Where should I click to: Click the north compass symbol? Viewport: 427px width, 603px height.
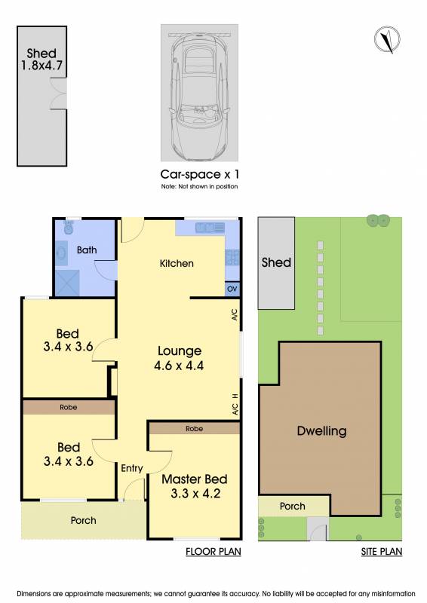[x=387, y=39]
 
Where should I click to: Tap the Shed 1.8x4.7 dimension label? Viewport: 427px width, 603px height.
[x=41, y=60]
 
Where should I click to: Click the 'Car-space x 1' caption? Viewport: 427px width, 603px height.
[x=200, y=174]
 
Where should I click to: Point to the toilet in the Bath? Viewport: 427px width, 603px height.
[x=69, y=227]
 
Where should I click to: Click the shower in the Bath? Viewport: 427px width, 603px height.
[x=67, y=283]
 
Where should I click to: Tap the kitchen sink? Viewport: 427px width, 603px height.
[x=210, y=228]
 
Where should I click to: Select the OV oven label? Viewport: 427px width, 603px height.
[x=232, y=289]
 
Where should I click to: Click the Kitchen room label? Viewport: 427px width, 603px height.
[x=177, y=263]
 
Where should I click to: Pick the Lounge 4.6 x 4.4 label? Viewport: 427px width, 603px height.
[x=179, y=358]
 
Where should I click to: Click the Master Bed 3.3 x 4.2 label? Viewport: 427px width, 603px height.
[x=195, y=486]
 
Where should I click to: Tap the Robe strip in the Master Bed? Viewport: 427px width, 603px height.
[x=195, y=428]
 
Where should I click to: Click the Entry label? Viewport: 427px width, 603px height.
[x=132, y=468]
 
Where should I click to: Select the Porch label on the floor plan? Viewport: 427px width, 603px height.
[x=84, y=520]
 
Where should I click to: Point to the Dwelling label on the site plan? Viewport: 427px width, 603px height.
[x=322, y=430]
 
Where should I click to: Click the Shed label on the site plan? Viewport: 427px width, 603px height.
[x=276, y=262]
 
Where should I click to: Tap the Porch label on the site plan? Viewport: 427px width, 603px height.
[x=293, y=506]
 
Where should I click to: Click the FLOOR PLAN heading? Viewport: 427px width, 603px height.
[x=213, y=552]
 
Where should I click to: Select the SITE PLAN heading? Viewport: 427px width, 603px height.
[x=382, y=552]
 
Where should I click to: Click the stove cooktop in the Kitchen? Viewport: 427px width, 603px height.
[x=232, y=257]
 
